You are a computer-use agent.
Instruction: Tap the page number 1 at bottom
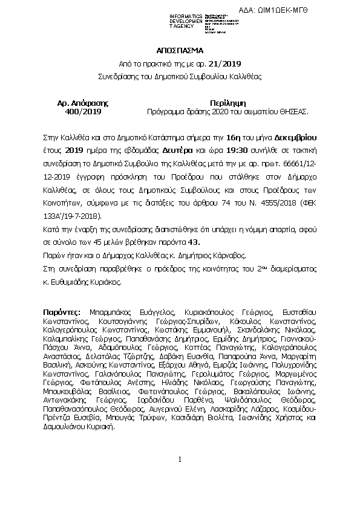(180, 461)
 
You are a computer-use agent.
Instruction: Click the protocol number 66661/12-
(303, 164)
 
